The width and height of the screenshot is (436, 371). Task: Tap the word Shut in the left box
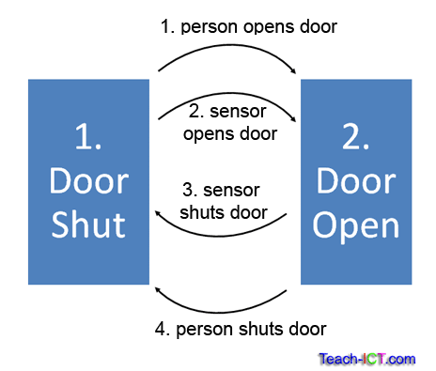pyautogui.click(x=88, y=225)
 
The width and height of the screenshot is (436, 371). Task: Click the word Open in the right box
pyautogui.click(x=356, y=225)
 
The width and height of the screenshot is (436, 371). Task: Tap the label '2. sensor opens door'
pyautogui.click(x=230, y=123)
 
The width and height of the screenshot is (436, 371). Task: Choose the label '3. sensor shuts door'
pyautogui.click(x=230, y=201)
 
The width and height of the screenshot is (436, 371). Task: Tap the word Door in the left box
pyautogui.click(x=88, y=182)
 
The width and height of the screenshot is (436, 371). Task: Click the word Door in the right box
pyautogui.click(x=356, y=182)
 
